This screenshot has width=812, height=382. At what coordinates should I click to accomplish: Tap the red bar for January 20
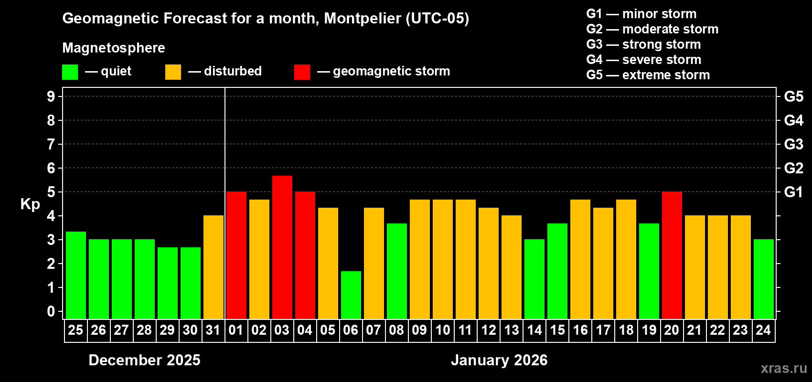[x=672, y=255]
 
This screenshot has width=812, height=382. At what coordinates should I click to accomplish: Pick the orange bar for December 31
[x=213, y=267]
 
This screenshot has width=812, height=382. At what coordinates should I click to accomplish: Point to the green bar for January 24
[x=763, y=279]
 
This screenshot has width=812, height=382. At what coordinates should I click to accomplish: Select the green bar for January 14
[x=534, y=279]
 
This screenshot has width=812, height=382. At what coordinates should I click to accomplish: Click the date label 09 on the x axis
[x=419, y=330]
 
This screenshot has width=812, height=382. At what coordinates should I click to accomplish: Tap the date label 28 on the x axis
[x=144, y=330]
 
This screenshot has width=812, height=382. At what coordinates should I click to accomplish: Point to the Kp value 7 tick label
[x=51, y=144]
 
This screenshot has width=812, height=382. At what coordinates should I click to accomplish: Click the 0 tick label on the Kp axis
[x=51, y=312]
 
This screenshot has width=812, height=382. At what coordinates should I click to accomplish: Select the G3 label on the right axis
[x=793, y=144]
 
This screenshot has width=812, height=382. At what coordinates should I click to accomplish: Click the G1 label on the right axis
[x=793, y=192]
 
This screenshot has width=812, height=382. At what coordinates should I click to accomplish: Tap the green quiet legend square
[x=70, y=72]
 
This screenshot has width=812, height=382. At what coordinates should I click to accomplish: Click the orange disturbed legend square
[x=173, y=72]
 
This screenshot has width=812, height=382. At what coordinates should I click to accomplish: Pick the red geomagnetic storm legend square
[x=302, y=72]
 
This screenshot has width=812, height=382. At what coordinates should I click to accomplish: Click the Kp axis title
[x=30, y=204]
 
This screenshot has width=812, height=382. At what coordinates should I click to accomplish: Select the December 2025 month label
[x=144, y=360]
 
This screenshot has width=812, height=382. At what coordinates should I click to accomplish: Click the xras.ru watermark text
[x=784, y=368]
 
